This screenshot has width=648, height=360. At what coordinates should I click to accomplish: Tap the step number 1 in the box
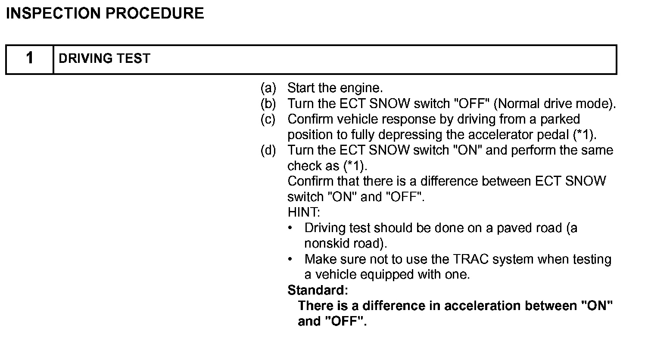(x=29, y=58)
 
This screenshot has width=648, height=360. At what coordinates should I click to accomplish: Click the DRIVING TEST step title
(x=104, y=59)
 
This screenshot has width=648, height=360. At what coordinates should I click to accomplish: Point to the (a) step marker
(x=268, y=88)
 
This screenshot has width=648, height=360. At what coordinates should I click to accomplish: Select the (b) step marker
(x=268, y=104)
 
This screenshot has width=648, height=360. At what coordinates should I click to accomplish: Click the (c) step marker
(x=268, y=119)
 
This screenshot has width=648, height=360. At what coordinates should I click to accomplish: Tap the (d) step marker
(x=268, y=150)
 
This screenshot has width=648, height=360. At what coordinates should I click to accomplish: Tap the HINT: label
(x=304, y=212)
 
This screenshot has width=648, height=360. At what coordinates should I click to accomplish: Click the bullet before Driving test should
(x=291, y=227)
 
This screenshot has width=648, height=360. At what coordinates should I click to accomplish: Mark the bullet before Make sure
(x=291, y=259)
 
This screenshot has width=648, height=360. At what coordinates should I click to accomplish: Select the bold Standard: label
(x=318, y=290)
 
